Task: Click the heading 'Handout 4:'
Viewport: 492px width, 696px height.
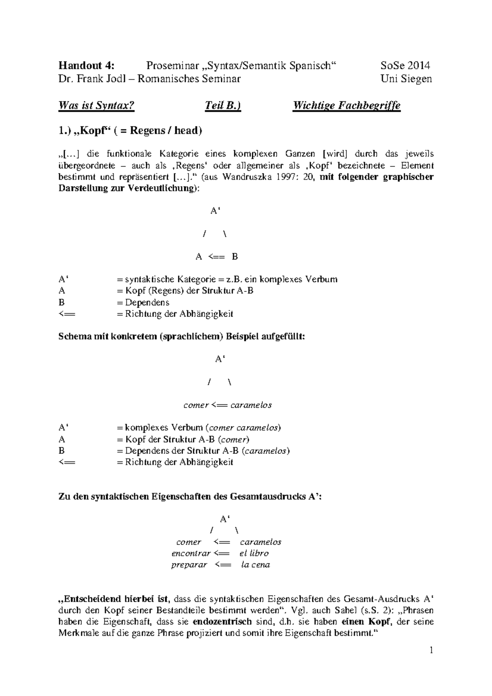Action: click(87, 66)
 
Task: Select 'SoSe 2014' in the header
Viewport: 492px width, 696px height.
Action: click(405, 66)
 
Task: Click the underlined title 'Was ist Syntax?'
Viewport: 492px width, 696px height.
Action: click(96, 106)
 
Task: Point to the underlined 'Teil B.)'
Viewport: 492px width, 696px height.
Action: click(223, 106)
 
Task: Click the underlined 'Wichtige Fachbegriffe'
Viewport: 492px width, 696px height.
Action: click(346, 106)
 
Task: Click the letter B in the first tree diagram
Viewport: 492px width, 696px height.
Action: click(235, 257)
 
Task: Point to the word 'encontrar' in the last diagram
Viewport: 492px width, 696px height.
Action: click(191, 553)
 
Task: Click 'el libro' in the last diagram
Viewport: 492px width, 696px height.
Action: click(254, 553)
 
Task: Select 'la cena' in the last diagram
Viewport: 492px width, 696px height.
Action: click(255, 565)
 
